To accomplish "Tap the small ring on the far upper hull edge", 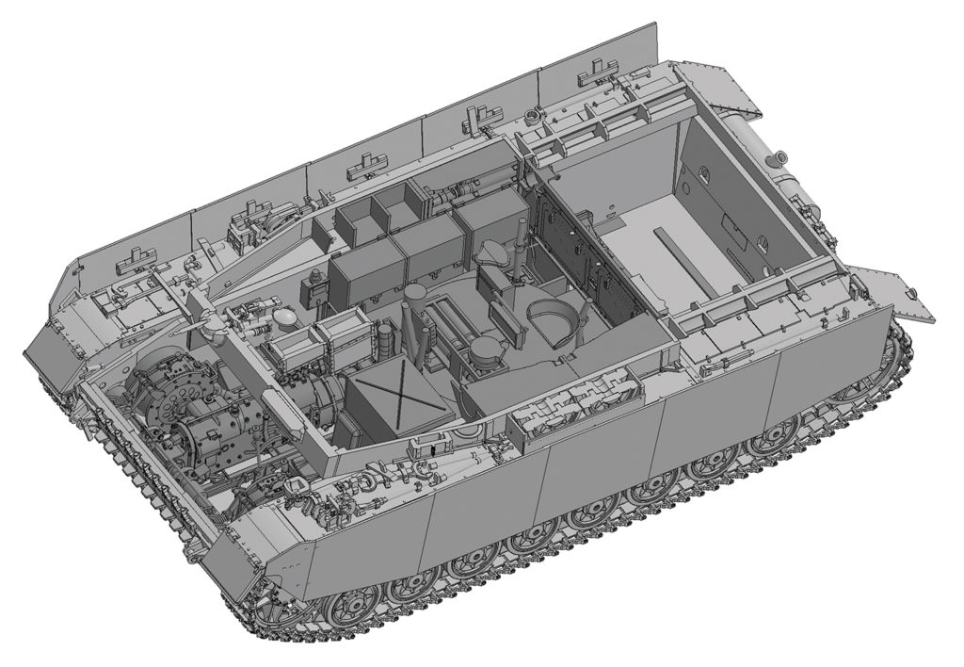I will point(533,116).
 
